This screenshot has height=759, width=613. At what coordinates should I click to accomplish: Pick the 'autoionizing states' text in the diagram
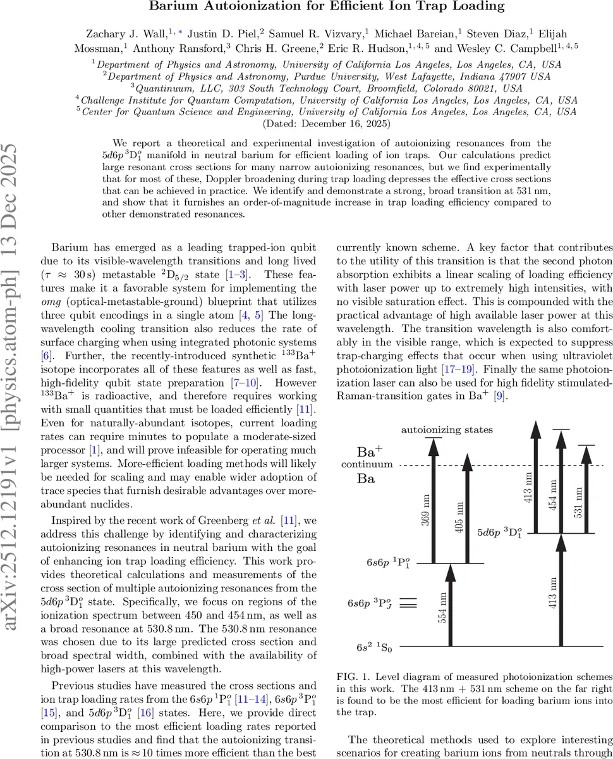447,430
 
